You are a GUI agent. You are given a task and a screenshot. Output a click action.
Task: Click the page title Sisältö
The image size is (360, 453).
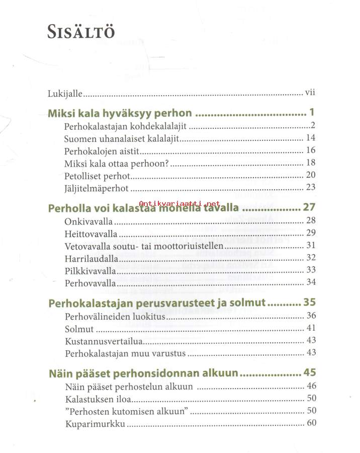click(81, 32)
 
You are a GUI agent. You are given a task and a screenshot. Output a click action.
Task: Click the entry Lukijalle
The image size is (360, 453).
click(65, 94)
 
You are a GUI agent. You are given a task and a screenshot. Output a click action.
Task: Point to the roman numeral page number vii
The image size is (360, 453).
click(310, 93)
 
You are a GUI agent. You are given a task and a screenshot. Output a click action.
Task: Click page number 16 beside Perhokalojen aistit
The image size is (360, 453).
click(311, 150)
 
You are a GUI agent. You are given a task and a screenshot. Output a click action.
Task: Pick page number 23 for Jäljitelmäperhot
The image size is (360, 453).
click(311, 188)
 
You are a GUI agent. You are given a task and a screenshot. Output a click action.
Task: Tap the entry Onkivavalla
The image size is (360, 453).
click(89, 221)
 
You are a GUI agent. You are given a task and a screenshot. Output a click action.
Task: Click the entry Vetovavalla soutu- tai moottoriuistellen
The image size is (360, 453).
click(144, 246)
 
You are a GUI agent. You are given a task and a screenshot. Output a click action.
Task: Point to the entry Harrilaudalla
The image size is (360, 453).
click(92, 258)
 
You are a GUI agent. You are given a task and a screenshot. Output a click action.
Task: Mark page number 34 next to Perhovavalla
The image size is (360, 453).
click(311, 282)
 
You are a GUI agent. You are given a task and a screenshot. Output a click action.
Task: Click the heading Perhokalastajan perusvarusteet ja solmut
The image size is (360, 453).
click(157, 303)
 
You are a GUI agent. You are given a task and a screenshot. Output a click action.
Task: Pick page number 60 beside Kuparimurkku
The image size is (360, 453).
click(311, 423)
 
